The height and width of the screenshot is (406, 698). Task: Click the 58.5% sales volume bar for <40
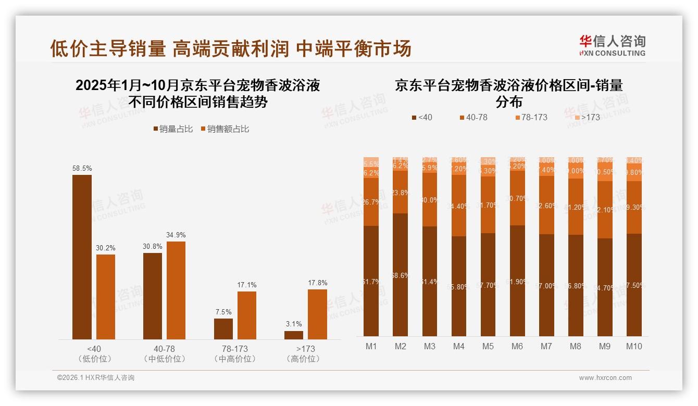tap(82, 257)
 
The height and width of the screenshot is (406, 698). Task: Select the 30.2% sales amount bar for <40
tap(106, 297)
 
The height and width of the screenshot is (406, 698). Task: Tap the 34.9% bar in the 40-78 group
tap(176, 290)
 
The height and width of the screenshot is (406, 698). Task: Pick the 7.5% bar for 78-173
tap(223, 329)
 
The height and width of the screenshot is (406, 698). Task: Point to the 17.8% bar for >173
tap(317, 314)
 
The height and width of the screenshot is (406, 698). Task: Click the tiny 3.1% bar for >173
tap(294, 335)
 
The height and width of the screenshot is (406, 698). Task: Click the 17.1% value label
tap(247, 285)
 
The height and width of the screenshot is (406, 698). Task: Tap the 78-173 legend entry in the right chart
tap(531, 118)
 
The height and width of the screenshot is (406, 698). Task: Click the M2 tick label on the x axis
tap(400, 346)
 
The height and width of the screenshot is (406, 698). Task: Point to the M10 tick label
tap(634, 346)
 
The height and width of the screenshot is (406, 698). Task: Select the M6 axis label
tap(517, 346)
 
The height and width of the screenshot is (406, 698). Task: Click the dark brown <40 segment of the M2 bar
tap(400, 275)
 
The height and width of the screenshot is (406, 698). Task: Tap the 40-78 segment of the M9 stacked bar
tap(605, 210)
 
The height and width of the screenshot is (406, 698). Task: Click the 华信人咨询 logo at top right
tap(612, 45)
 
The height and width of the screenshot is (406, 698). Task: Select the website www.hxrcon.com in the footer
tap(605, 378)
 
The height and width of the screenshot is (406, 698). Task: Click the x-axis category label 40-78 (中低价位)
tap(165, 353)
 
